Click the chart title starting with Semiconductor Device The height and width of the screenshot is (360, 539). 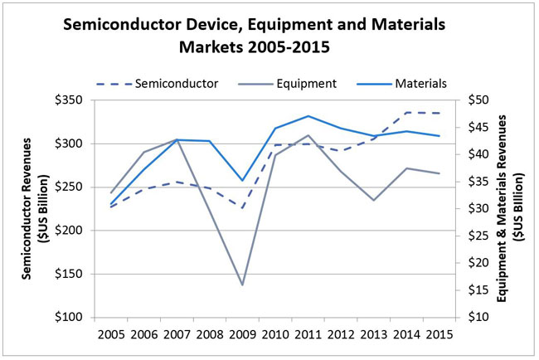point(270,36)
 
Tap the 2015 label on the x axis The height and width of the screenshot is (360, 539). point(439,338)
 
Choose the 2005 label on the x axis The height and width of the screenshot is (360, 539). point(111,338)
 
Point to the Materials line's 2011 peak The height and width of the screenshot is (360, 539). point(308,116)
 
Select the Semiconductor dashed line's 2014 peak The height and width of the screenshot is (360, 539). point(405,112)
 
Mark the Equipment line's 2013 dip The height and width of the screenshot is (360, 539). point(373,200)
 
